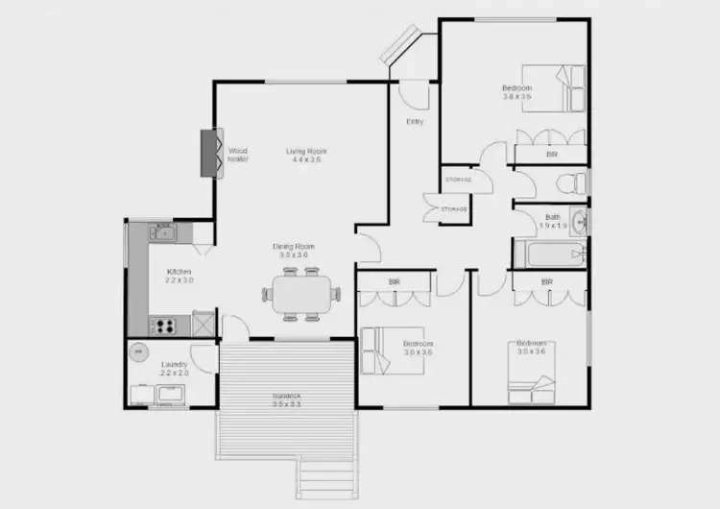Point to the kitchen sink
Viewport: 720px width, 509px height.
click(164, 231)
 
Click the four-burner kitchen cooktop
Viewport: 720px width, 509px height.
click(163, 326)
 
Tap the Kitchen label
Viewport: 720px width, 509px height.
click(180, 276)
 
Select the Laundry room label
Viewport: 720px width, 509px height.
click(174, 368)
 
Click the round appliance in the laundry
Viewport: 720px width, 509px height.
click(139, 351)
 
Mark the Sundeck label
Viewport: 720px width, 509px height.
click(287, 399)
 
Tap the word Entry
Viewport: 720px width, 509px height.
click(415, 122)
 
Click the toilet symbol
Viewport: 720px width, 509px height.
click(573, 182)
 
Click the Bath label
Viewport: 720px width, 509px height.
click(553, 221)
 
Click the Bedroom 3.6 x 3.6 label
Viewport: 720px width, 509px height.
click(516, 92)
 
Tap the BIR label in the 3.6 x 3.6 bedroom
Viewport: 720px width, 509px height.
click(551, 154)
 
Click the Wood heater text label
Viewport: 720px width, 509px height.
click(238, 155)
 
